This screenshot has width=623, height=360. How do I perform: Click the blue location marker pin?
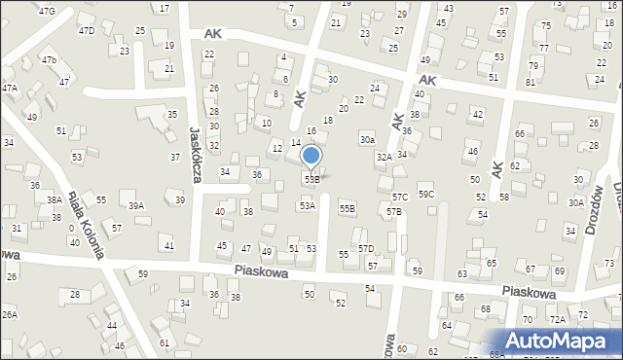click(311, 157)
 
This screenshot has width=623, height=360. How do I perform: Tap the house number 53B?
click(311, 179)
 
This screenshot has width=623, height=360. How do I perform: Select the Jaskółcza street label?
click(195, 152)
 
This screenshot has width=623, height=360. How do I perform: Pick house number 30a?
click(367, 140)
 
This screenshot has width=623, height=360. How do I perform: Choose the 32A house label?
click(385, 157)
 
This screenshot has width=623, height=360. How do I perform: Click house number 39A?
click(136, 205)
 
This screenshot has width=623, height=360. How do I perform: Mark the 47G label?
click(47, 10)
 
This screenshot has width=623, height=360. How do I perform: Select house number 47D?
click(87, 31)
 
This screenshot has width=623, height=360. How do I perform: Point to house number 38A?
click(55, 199)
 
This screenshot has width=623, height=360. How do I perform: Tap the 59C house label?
click(426, 195)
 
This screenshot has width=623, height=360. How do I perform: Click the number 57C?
click(400, 198)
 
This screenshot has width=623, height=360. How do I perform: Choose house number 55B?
click(347, 209)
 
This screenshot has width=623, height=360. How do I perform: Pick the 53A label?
click(307, 205)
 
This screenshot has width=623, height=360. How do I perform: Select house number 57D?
click(365, 249)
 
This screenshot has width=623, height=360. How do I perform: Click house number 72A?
click(557, 319)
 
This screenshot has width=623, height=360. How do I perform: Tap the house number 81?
click(531, 82)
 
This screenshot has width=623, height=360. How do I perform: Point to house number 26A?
click(9, 314)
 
